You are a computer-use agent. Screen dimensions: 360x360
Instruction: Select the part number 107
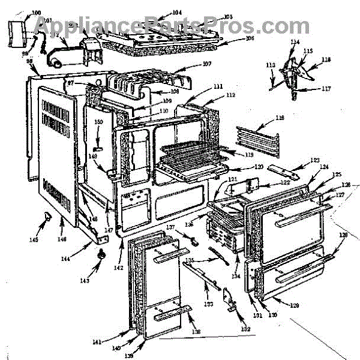pyautogui.click(x=207, y=64)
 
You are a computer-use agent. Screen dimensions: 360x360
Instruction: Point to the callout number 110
pyautogui.click(x=163, y=110)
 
